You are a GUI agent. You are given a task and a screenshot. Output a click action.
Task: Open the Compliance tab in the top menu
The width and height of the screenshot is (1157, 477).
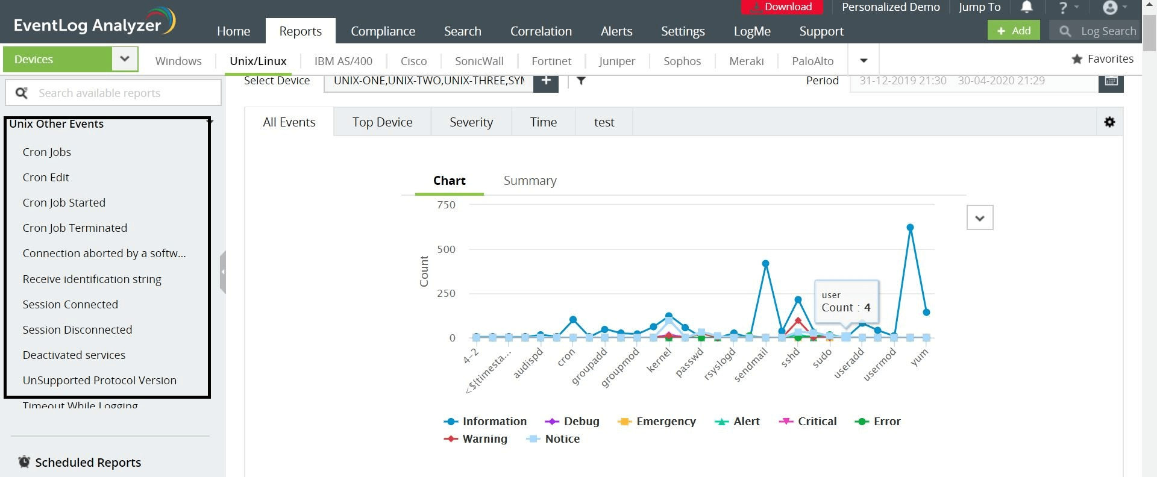click(x=383, y=31)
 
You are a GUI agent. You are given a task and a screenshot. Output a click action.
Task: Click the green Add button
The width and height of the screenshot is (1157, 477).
click(x=1014, y=31)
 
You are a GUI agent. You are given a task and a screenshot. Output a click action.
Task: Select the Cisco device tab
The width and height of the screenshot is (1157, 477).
click(x=413, y=61)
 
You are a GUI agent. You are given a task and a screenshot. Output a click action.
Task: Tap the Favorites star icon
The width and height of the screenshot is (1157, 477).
click(x=1077, y=59)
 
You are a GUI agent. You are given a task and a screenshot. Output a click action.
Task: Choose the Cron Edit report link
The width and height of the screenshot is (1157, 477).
click(x=46, y=178)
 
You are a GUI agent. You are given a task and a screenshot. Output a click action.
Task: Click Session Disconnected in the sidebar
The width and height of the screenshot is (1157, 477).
click(x=77, y=329)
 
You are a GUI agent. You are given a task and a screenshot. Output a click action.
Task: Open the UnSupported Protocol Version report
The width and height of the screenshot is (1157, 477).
click(x=99, y=380)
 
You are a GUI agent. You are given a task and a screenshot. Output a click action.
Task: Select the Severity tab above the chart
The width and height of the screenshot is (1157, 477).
click(x=471, y=122)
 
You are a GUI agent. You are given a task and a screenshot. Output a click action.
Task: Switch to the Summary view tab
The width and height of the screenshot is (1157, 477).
click(x=530, y=181)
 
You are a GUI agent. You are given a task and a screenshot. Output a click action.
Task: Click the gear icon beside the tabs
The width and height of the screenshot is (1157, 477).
click(x=1109, y=122)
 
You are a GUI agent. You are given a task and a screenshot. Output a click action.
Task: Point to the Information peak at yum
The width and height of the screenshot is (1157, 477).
click(x=910, y=228)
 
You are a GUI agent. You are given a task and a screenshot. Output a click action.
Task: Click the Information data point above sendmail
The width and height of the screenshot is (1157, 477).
click(x=765, y=264)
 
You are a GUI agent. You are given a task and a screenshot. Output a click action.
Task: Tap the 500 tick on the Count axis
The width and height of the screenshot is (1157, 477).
click(x=446, y=249)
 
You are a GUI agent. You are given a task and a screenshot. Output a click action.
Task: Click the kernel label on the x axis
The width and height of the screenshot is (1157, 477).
click(x=659, y=360)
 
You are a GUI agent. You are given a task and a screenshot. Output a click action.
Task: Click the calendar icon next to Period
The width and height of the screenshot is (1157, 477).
click(x=1111, y=81)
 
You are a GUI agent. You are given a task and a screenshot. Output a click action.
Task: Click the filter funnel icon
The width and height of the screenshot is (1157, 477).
click(x=581, y=81)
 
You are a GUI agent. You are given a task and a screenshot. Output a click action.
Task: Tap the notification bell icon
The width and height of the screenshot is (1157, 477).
click(x=1026, y=7)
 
